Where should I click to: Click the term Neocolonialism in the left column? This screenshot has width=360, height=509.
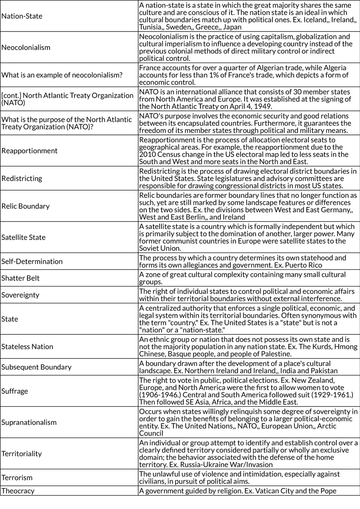26,47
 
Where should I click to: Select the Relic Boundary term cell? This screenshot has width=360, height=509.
25,206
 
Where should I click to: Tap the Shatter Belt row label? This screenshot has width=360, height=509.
20,278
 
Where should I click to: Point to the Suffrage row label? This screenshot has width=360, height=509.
15,391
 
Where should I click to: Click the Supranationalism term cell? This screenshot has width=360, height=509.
29,422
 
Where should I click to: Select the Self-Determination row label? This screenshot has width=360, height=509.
32,261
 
